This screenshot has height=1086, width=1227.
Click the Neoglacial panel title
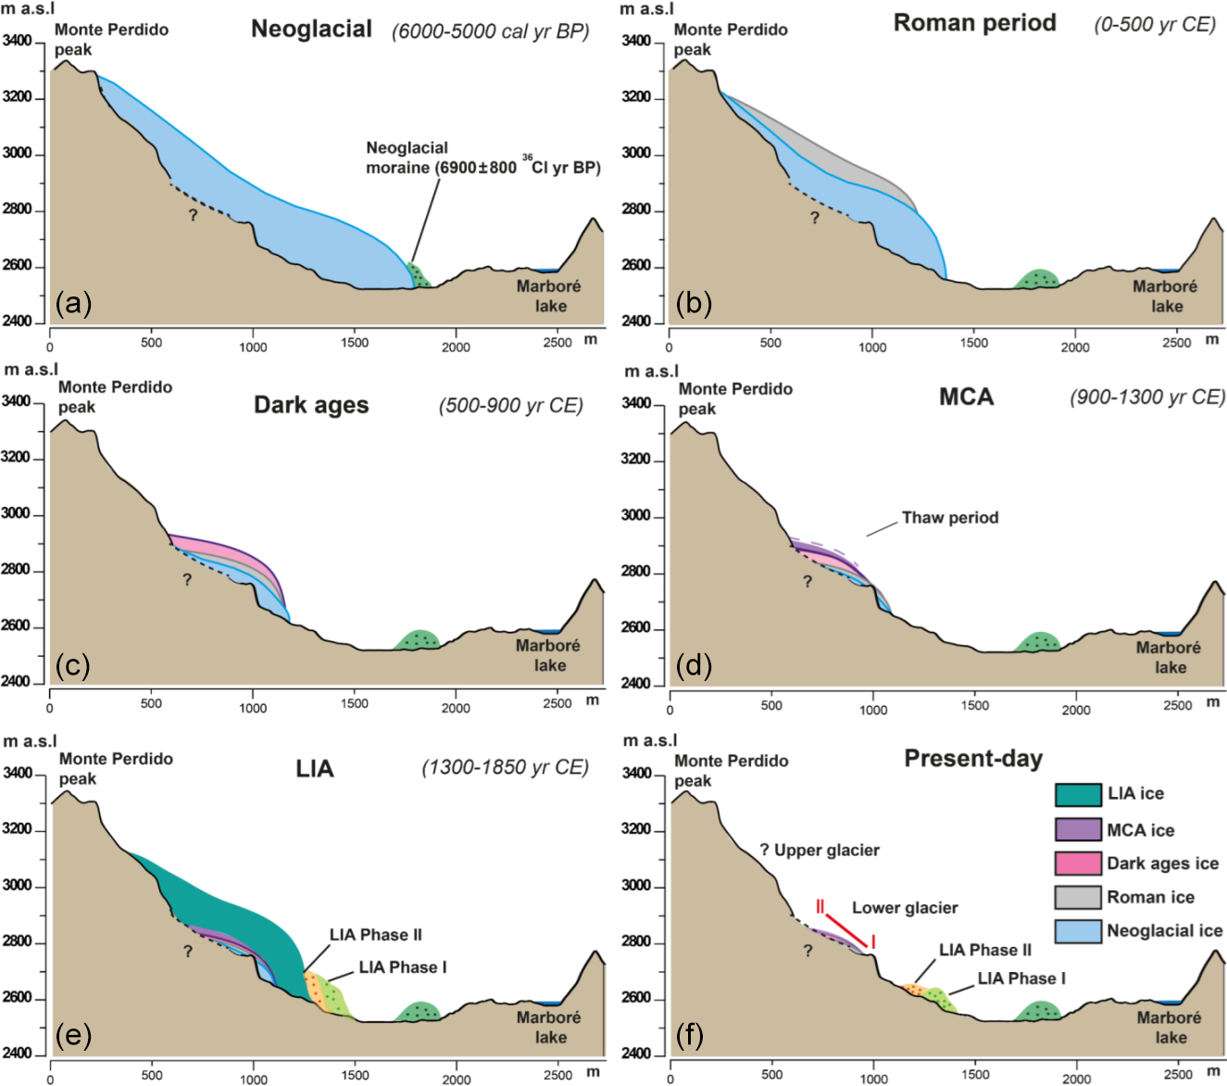(x=311, y=29)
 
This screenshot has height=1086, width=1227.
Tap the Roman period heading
(x=974, y=23)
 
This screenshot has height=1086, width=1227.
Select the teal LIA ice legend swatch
(x=1078, y=794)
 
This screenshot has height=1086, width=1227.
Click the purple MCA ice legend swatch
(x=1078, y=829)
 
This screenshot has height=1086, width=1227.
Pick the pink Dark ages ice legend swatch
(x=1078, y=863)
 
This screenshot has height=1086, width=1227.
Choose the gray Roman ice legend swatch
(x=1078, y=897)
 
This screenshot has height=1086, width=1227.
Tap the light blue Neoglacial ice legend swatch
(x=1078, y=931)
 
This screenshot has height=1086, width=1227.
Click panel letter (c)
(x=73, y=665)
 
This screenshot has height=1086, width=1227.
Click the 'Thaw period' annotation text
(x=950, y=518)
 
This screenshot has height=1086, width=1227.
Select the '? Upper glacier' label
(x=820, y=850)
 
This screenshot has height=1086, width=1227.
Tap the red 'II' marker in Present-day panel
(x=820, y=906)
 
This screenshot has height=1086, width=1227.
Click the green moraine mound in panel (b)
(x=1038, y=279)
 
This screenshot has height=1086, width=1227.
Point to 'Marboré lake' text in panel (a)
(x=549, y=296)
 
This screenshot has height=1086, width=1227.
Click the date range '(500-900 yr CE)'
(x=510, y=405)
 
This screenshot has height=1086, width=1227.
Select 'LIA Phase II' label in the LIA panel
(x=376, y=935)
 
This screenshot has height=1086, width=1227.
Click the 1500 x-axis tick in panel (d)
(x=974, y=706)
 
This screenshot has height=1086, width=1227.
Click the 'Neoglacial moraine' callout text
(x=407, y=158)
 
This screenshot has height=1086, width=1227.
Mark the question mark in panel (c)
(x=187, y=580)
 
